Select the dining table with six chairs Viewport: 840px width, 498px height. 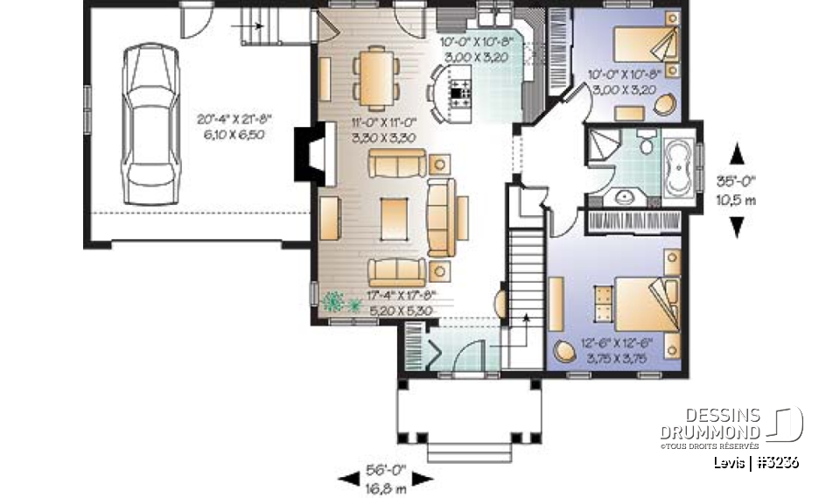(x=374, y=74)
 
